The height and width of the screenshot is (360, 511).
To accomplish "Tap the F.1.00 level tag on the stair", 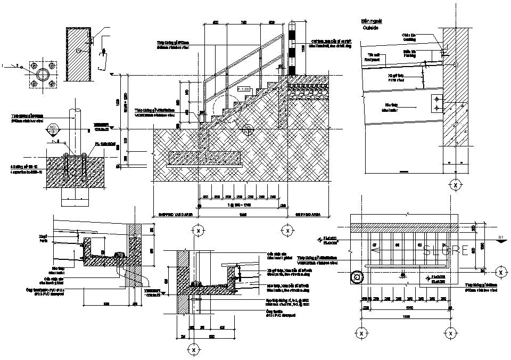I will tap(243, 89).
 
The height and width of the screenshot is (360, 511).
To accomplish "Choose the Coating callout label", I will tap(409, 37).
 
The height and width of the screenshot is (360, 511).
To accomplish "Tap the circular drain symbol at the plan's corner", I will tap(357, 277).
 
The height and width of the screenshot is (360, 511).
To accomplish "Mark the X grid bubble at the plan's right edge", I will tap(500, 273).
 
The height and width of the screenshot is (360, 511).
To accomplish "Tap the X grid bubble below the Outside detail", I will tap(456, 185).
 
